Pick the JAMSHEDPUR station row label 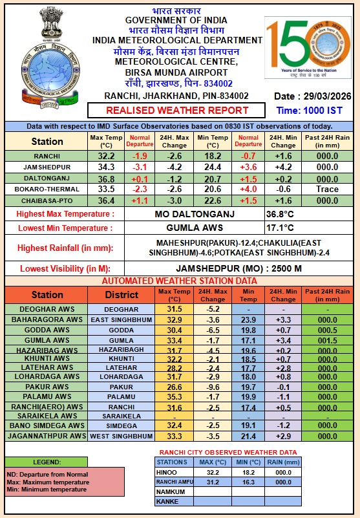pyautogui.click(x=47, y=167)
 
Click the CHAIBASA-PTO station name pyautogui.click(x=47, y=200)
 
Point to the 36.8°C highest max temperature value pyautogui.click(x=282, y=213)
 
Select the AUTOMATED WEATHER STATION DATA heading pyautogui.click(x=179, y=281)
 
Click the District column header pyautogui.click(x=122, y=294)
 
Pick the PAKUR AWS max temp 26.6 pyautogui.click(x=175, y=386)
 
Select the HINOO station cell pyautogui.click(x=172, y=472)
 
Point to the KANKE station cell pyautogui.click(x=172, y=501)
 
